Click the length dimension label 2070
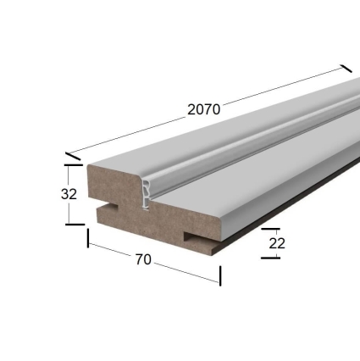click(x=203, y=109)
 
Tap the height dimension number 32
click(x=69, y=193)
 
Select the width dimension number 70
click(x=143, y=259)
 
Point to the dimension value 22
click(x=276, y=243)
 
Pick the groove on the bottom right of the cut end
click(x=196, y=233)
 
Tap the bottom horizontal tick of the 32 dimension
click(x=74, y=224)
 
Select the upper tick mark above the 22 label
click(x=270, y=229)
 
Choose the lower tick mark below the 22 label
click(x=271, y=257)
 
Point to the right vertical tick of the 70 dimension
click(x=220, y=275)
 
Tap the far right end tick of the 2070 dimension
click(x=346, y=69)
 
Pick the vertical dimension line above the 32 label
click(x=69, y=175)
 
